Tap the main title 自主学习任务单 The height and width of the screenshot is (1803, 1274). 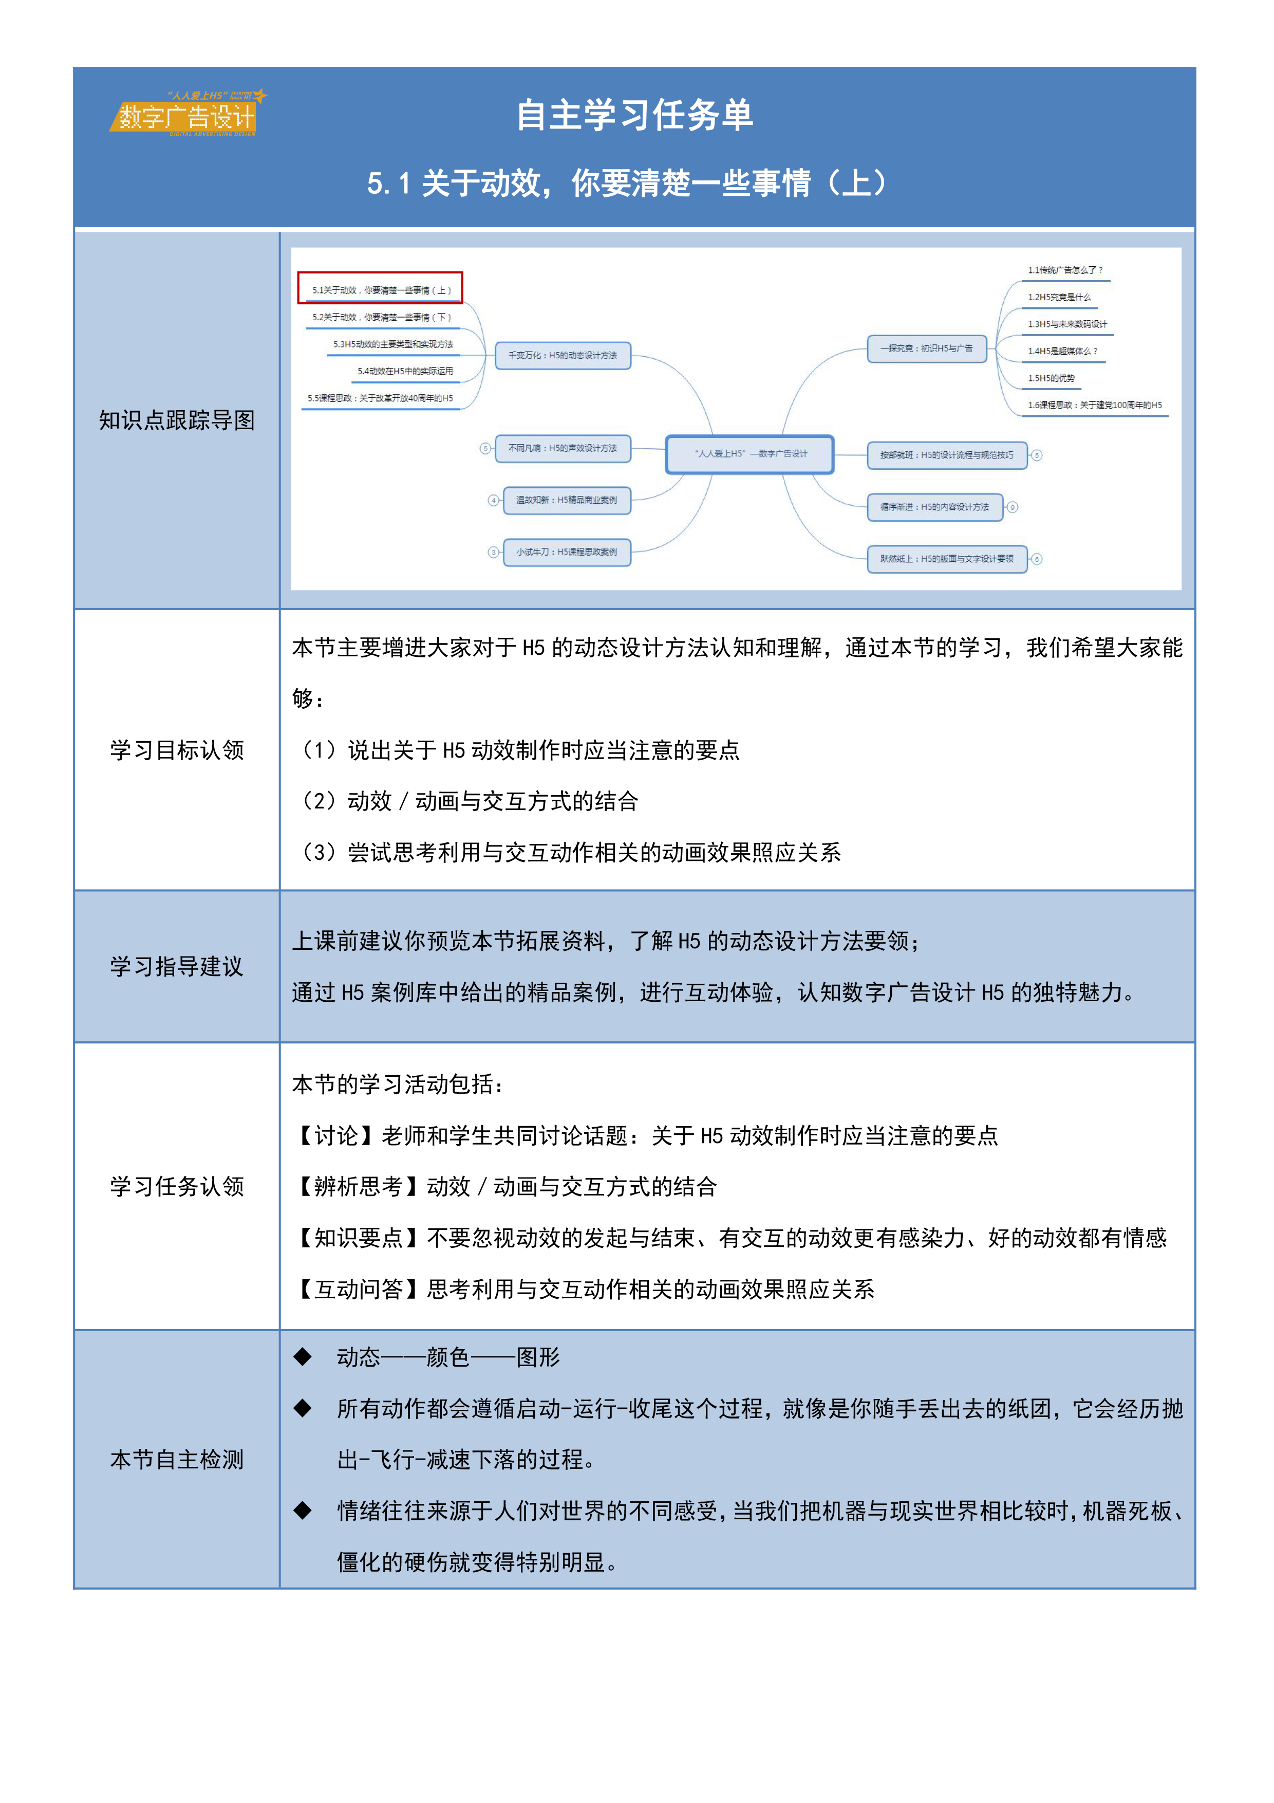(x=634, y=116)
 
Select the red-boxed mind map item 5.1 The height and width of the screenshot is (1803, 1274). (x=381, y=289)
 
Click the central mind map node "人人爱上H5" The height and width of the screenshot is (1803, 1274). (x=750, y=454)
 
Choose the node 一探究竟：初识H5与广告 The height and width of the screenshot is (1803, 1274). (x=926, y=348)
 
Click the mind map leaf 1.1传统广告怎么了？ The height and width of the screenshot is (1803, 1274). (x=1064, y=270)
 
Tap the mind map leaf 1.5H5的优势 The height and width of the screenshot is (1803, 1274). (x=1051, y=378)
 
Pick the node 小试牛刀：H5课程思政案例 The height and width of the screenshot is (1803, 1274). (x=566, y=552)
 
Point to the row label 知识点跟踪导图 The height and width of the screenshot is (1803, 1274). (x=177, y=420)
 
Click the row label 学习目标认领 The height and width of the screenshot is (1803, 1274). (x=177, y=750)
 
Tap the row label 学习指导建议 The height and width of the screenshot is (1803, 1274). (x=177, y=966)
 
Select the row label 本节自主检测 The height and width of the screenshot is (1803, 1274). (x=177, y=1459)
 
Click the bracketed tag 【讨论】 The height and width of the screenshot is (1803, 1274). (x=336, y=1135)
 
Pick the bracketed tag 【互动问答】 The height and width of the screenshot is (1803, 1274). (x=359, y=1289)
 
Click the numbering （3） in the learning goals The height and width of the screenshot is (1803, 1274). (x=320, y=852)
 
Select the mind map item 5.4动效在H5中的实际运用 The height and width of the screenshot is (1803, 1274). (x=404, y=371)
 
